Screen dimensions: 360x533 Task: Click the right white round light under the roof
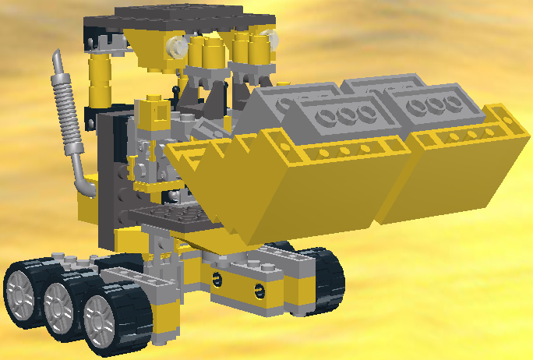point(270,36)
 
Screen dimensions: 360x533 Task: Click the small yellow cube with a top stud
point(154,109)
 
